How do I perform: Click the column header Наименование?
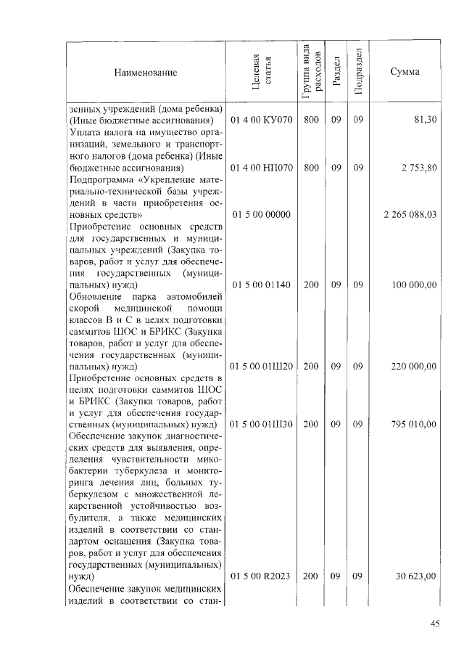pos(145,73)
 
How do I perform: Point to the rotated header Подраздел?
pos(358,72)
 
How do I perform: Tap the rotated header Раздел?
pos(336,73)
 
